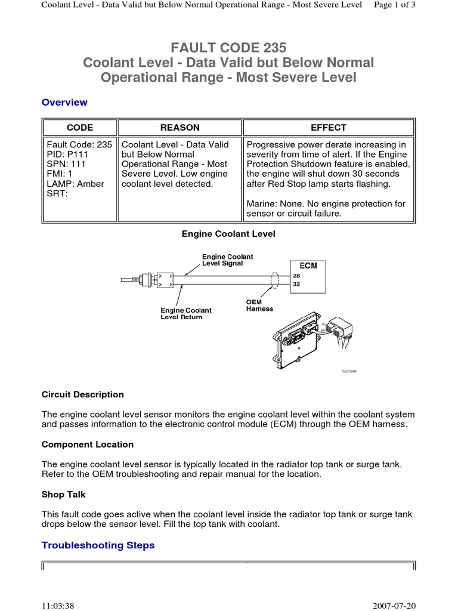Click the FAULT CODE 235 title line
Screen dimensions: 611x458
click(228, 47)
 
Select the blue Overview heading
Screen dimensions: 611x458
click(64, 102)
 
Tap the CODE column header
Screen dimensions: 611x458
click(79, 128)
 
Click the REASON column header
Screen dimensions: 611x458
click(180, 128)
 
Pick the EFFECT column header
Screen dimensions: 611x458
click(328, 128)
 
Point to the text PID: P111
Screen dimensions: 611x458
click(67, 154)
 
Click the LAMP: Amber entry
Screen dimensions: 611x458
click(75, 184)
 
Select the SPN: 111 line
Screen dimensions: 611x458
click(66, 164)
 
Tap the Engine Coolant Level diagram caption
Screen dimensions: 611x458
click(228, 234)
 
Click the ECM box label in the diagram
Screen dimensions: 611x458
click(309, 266)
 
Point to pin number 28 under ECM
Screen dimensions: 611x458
click(296, 276)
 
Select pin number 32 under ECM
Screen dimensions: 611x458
click(296, 285)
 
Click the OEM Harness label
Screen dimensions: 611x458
click(259, 305)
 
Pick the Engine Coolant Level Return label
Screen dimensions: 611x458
click(185, 314)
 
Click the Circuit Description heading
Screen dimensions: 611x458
click(83, 394)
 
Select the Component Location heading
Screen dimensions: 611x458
click(88, 445)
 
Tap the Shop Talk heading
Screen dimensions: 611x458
click(64, 495)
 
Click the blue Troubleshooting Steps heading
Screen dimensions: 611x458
click(98, 545)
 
